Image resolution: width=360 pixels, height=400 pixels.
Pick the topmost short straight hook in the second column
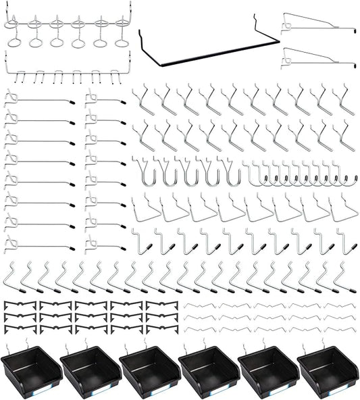point(105,100)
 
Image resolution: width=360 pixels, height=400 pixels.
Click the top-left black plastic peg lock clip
point(20,305)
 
